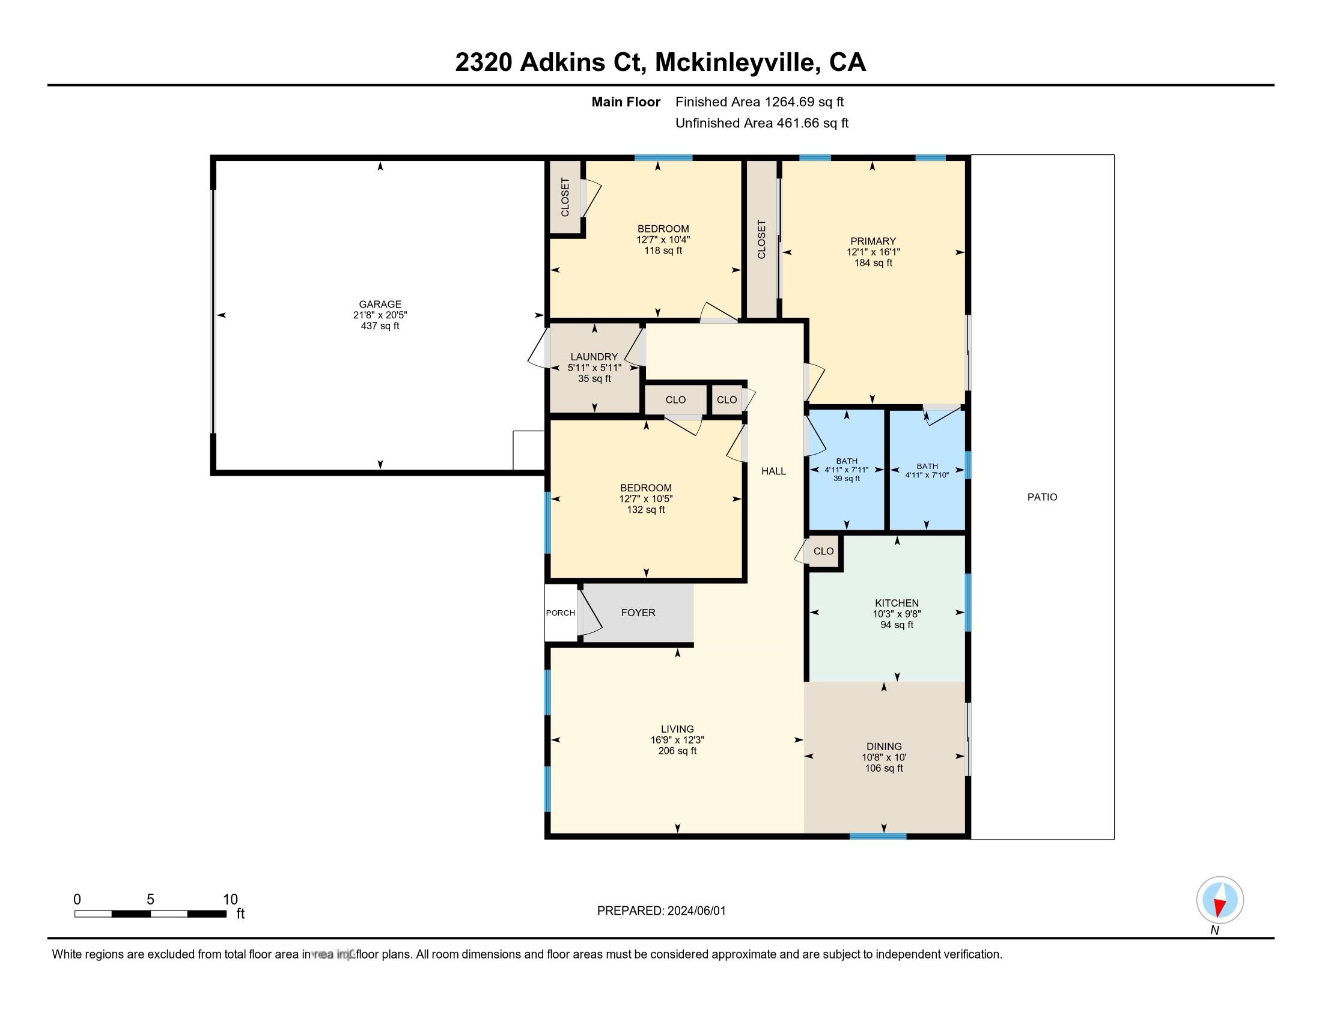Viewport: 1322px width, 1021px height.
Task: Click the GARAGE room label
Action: click(380, 304)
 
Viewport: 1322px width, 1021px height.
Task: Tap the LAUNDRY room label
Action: click(594, 357)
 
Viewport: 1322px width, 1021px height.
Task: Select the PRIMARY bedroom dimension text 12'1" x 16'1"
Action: click(873, 252)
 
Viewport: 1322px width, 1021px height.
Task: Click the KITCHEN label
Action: click(897, 603)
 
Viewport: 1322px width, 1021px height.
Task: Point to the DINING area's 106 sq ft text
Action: click(884, 768)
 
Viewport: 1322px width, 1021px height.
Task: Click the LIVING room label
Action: click(677, 729)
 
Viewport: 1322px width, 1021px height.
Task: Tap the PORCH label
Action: click(560, 613)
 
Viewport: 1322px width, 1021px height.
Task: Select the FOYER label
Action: click(638, 613)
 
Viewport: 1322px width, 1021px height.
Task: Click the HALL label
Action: click(773, 471)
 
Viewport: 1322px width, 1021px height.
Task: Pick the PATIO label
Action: click(1042, 497)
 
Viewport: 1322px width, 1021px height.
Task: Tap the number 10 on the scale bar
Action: click(230, 900)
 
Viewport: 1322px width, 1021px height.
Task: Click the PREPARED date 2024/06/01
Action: click(696, 911)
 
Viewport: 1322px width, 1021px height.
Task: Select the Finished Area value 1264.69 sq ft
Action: click(804, 102)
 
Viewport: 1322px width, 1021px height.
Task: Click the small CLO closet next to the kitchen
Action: click(823, 551)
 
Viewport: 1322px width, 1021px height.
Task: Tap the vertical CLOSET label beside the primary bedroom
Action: click(761, 240)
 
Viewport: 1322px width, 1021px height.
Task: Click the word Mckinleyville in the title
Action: click(736, 62)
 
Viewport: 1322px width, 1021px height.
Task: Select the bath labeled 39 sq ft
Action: click(846, 479)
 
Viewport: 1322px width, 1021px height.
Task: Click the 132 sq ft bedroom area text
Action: click(645, 510)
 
